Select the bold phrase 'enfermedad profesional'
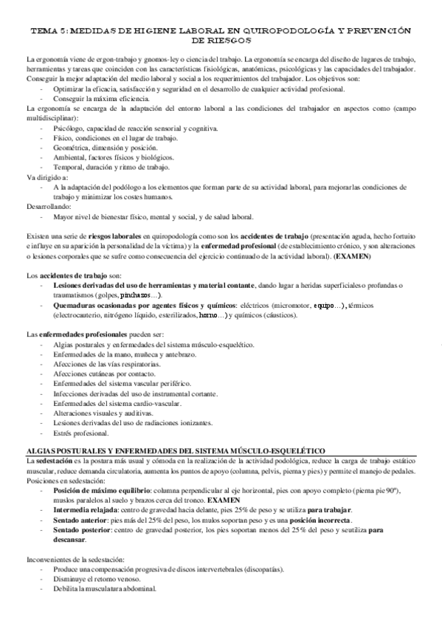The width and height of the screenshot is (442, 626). (x=235, y=245)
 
